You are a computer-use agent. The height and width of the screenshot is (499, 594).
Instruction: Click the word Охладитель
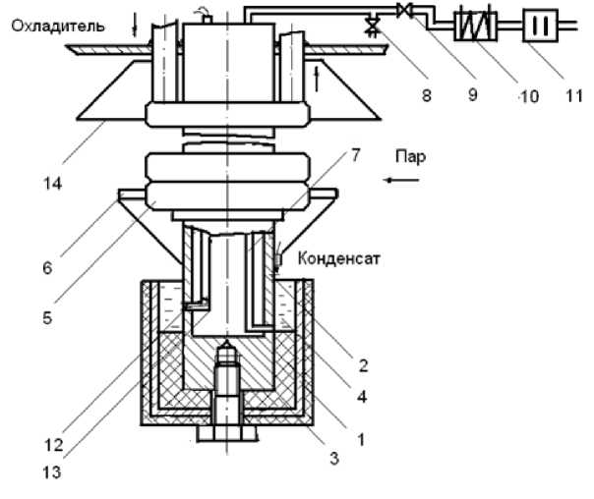coord(58,27)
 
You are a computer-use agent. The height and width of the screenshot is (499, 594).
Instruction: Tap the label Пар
coord(411,156)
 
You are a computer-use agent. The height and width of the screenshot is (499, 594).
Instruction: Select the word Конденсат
coord(338,258)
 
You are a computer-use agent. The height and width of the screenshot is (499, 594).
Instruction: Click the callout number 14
coord(53,184)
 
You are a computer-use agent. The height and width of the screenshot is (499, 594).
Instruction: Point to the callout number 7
coord(355,155)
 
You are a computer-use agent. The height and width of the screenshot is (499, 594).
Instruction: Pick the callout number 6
coord(47,268)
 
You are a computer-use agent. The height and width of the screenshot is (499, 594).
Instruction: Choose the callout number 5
coord(47,318)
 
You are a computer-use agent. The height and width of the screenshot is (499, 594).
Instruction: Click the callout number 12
coord(54,445)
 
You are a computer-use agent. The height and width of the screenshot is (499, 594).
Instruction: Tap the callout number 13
coord(52,472)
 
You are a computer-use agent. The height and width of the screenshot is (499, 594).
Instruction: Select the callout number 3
coord(334,459)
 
